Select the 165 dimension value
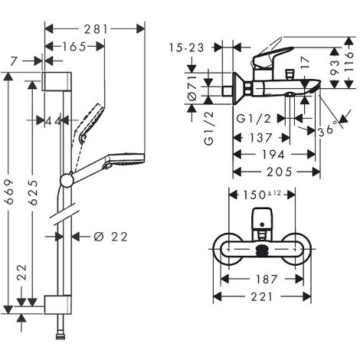point(74,47)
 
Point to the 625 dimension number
point(33,193)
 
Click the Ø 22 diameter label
point(110,237)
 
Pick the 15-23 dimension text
point(187,47)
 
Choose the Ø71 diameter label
point(192,88)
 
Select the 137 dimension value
point(261,138)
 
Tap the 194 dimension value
point(273,155)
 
